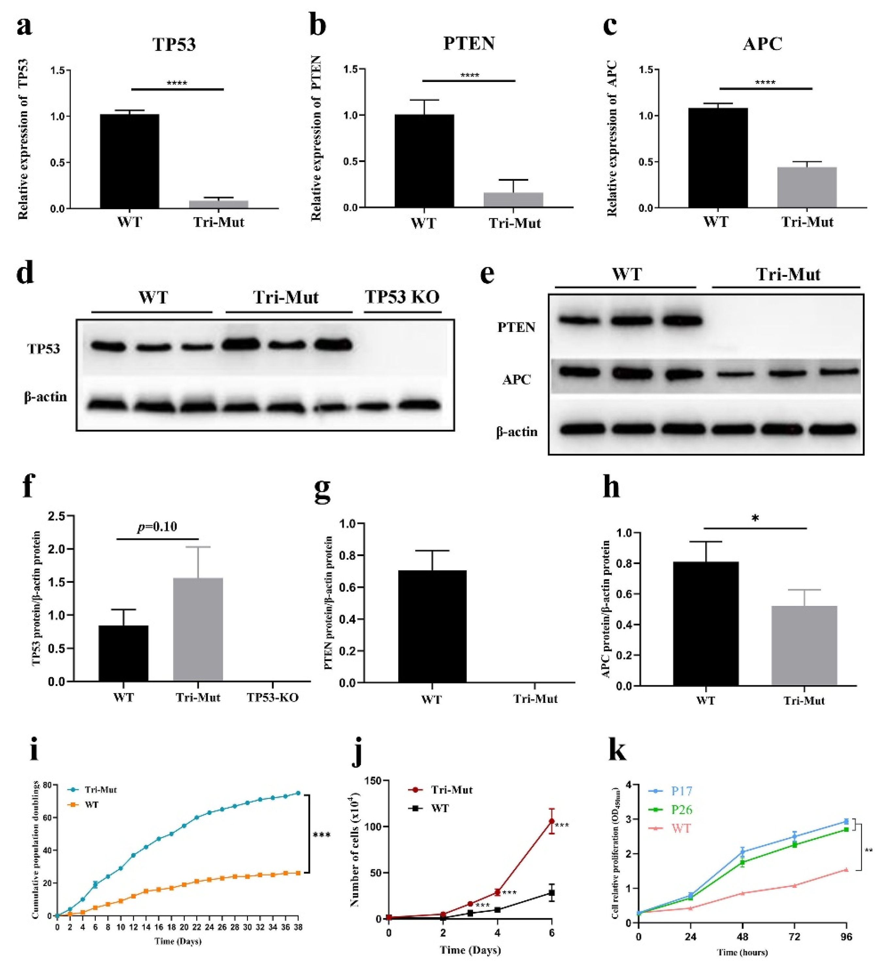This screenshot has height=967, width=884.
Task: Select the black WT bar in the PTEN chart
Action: click(424, 161)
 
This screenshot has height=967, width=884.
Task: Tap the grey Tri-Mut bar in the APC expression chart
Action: click(807, 187)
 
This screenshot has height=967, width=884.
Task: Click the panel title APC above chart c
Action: click(762, 44)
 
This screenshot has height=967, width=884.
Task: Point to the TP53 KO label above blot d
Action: click(402, 297)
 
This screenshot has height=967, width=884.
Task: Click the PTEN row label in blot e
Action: click(516, 327)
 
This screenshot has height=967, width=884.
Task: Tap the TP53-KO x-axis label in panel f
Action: click(272, 697)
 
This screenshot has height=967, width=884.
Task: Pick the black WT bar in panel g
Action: click(432, 626)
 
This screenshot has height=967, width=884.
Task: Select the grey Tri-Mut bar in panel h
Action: click(804, 645)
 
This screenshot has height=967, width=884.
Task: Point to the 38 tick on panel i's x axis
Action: click(298, 928)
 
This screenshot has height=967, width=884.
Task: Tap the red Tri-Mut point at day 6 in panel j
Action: click(552, 822)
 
